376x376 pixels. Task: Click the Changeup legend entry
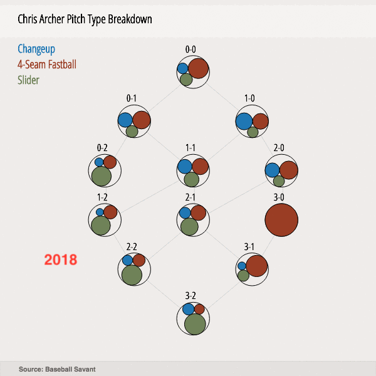point(36,49)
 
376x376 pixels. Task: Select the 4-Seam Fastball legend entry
point(47,65)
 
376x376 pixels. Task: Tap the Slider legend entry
point(28,80)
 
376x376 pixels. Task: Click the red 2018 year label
point(61,259)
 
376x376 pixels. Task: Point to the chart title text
point(85,19)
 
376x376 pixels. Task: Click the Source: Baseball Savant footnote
point(57,369)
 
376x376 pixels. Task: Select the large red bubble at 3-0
point(280,221)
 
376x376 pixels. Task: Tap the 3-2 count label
point(192,295)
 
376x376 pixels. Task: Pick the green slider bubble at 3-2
point(195,325)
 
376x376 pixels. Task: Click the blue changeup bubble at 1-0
point(244,120)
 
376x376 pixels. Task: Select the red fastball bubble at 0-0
point(198,68)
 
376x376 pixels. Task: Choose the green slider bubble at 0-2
point(101,176)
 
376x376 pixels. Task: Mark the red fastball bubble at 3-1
point(257,266)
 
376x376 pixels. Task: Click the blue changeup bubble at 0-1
point(125,120)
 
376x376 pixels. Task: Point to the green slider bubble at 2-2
point(132,274)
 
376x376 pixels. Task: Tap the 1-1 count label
point(191,147)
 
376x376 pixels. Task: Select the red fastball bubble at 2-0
point(288,170)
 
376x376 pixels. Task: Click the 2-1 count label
point(191,197)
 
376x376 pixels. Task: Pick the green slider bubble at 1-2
point(100,225)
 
